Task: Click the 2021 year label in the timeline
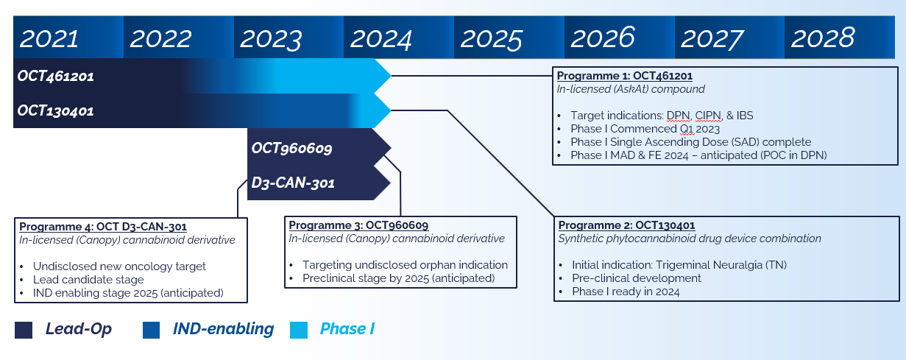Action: click(x=49, y=38)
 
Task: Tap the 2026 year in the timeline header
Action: click(x=603, y=38)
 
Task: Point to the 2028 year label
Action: click(x=824, y=38)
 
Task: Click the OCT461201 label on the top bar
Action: click(x=56, y=76)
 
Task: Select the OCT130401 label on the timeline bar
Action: click(x=56, y=110)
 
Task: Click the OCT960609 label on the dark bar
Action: click(x=292, y=148)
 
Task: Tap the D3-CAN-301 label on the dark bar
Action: click(x=293, y=183)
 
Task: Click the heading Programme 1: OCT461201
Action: click(x=624, y=76)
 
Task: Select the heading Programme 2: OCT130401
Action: click(x=626, y=225)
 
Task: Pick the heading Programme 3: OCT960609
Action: click(x=358, y=225)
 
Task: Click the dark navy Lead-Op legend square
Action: click(x=24, y=330)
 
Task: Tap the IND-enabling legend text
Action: click(x=223, y=329)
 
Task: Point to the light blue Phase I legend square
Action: click(x=299, y=330)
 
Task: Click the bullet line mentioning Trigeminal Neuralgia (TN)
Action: click(x=659, y=265)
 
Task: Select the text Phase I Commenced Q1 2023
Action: click(x=645, y=129)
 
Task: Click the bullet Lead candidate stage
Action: click(x=88, y=280)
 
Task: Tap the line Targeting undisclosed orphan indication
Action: click(x=405, y=265)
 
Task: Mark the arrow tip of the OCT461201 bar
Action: click(x=389, y=76)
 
